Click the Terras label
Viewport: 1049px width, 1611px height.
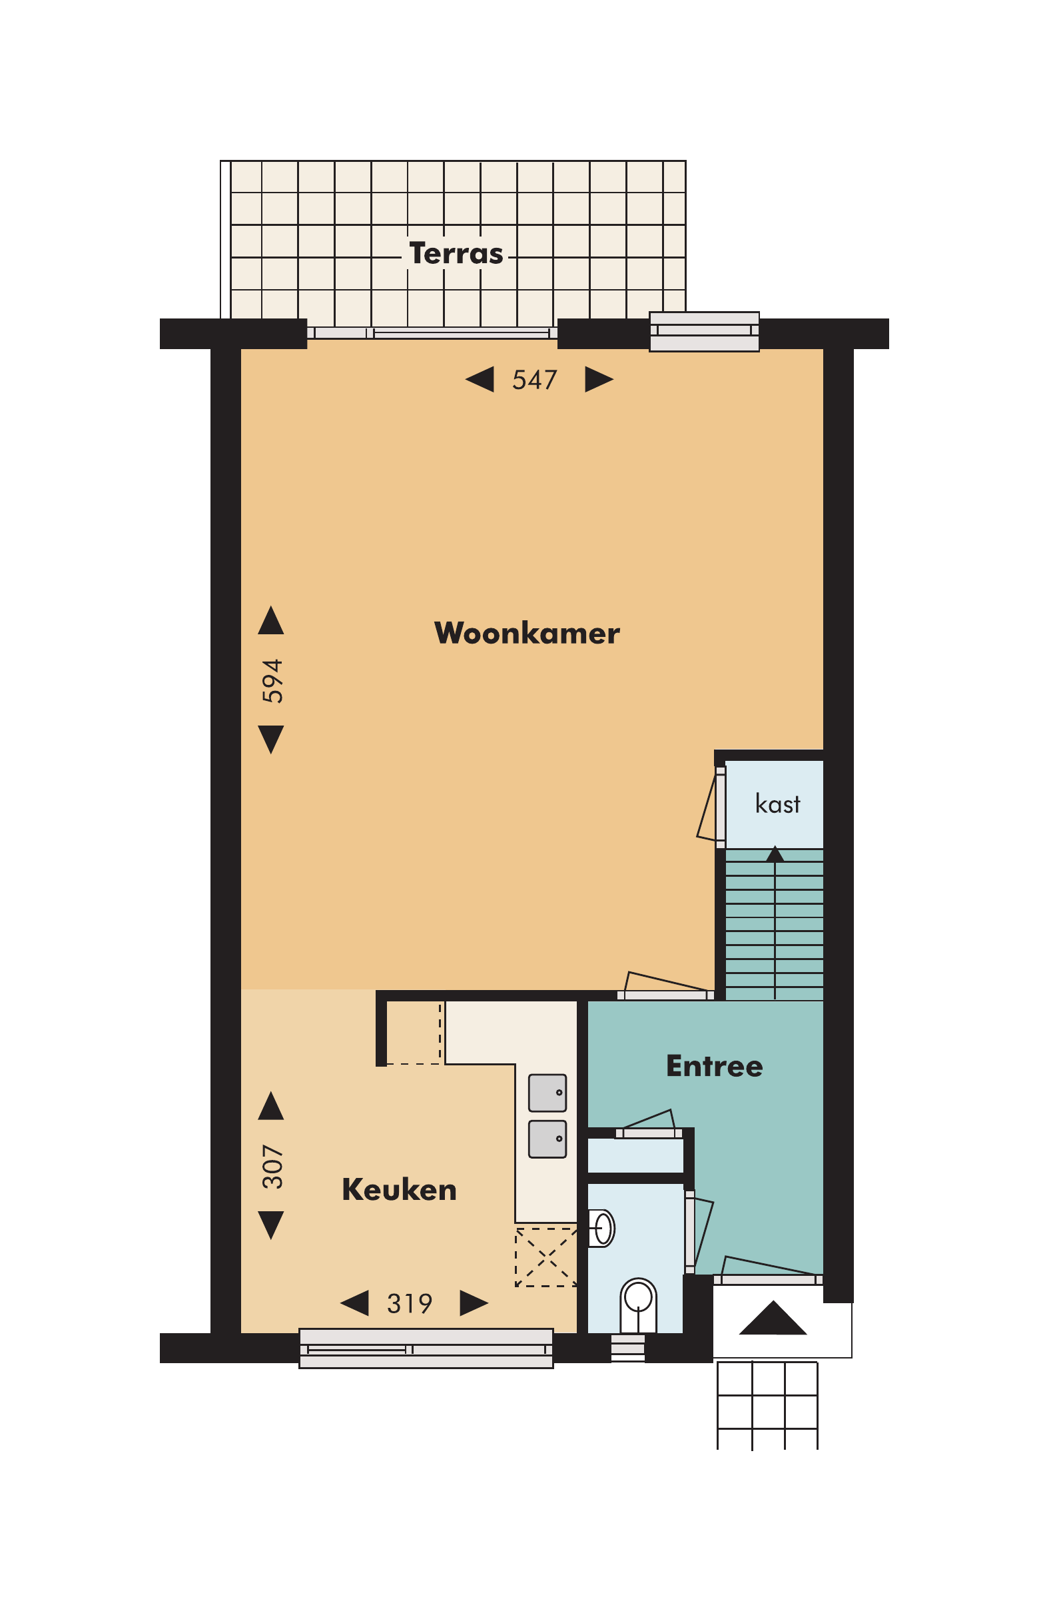(456, 253)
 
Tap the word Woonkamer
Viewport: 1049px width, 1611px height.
(527, 633)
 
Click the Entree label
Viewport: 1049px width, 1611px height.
(714, 1065)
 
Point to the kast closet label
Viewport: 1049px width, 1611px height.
(777, 804)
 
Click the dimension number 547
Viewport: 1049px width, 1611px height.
(534, 380)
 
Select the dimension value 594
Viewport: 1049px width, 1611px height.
(272, 680)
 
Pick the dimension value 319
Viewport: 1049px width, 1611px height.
(409, 1303)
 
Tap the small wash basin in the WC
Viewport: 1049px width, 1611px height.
(601, 1227)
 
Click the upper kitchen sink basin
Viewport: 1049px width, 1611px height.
(547, 1093)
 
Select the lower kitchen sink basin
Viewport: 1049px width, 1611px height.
(547, 1139)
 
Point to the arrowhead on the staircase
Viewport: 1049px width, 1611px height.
(774, 853)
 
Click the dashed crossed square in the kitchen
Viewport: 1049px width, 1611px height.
(545, 1257)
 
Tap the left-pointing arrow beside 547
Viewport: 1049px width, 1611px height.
(480, 379)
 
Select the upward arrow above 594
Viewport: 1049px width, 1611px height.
(270, 622)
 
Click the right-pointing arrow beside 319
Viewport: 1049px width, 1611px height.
(472, 1303)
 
